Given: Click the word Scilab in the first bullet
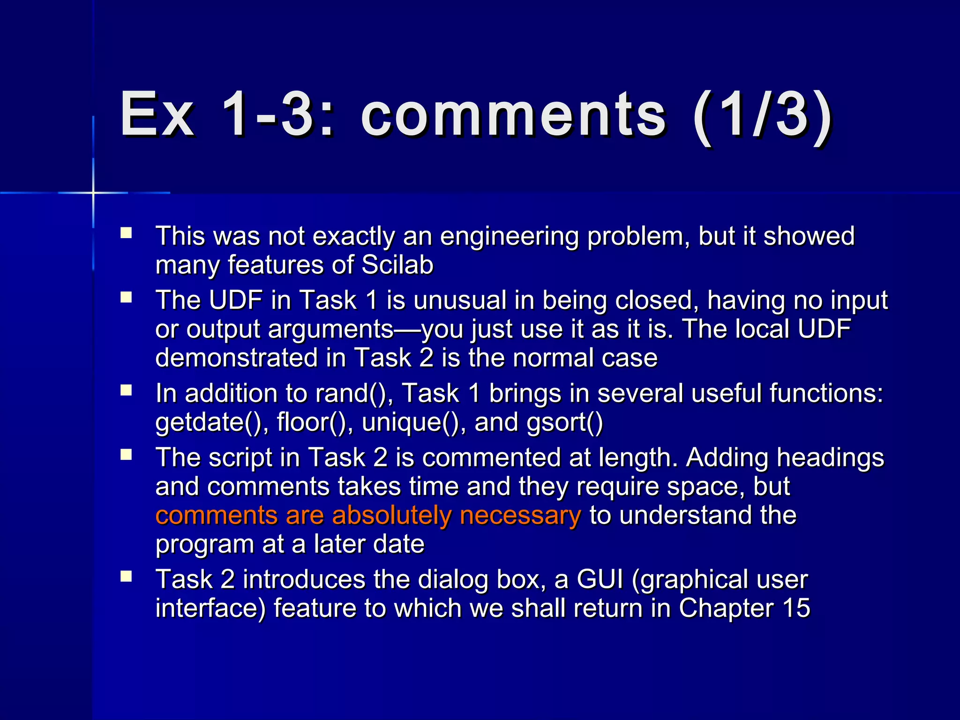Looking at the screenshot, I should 397,265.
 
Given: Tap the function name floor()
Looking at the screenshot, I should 315,422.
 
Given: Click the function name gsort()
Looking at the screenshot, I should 564,422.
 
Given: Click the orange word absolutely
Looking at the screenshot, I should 392,515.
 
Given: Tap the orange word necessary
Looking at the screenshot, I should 520,515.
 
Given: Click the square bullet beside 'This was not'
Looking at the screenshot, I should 126,233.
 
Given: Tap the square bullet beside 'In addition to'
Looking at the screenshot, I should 126,390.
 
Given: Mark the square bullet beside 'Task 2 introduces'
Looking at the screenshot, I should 126,577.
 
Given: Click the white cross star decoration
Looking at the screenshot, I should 93,193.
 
